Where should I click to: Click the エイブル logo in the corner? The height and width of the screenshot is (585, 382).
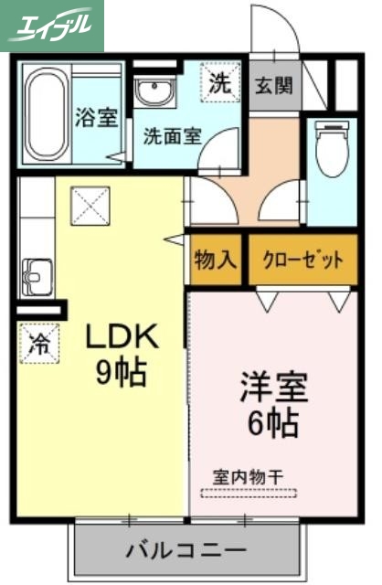[x=52, y=25]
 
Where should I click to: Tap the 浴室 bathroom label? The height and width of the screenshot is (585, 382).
[x=96, y=118]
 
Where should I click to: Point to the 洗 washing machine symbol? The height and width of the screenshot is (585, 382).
[x=220, y=82]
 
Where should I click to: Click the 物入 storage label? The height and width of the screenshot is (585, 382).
[x=217, y=260]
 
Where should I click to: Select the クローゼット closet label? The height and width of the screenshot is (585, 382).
[x=303, y=260]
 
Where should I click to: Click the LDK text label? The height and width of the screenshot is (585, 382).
[x=122, y=337]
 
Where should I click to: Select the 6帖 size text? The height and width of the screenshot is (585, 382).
[x=273, y=422]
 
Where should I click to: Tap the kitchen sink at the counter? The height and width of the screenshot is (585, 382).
[x=37, y=272]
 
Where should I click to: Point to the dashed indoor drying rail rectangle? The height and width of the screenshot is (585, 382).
[x=248, y=495]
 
